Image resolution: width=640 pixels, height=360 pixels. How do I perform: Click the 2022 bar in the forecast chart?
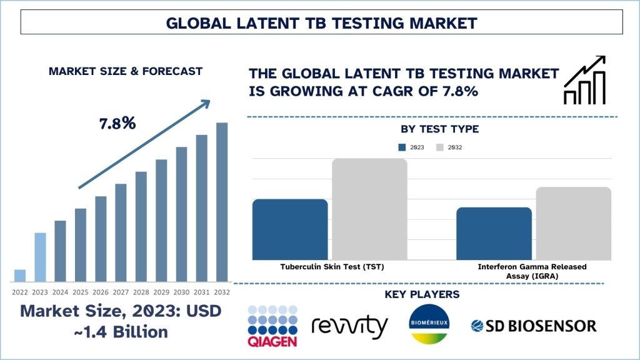pyautogui.click(x=20, y=276)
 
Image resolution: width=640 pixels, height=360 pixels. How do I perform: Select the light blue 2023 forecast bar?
pyautogui.click(x=40, y=257)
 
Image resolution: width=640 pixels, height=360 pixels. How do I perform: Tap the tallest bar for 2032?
pyautogui.click(x=222, y=202)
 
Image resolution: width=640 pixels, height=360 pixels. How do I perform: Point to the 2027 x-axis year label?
pyautogui.click(x=121, y=292)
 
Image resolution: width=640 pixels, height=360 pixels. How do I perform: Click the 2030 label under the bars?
pyautogui.click(x=181, y=292)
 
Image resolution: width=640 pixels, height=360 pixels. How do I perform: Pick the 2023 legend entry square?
pyautogui.click(x=402, y=147)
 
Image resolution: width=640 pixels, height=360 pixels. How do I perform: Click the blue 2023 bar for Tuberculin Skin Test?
pyautogui.click(x=290, y=229)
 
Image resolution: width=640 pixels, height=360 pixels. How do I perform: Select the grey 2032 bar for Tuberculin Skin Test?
pyautogui.click(x=369, y=209)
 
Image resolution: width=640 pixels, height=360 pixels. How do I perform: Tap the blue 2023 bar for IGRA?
pyautogui.click(x=494, y=234)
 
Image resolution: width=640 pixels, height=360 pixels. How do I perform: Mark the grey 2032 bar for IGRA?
pyautogui.click(x=574, y=223)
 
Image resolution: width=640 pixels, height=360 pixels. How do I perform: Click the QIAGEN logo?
pyautogui.click(x=272, y=326)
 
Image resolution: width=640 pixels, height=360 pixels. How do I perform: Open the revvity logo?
pyautogui.click(x=349, y=326)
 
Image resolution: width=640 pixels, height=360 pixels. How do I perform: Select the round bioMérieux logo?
pyautogui.click(x=429, y=324)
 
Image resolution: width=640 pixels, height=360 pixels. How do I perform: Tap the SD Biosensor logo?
pyautogui.click(x=534, y=326)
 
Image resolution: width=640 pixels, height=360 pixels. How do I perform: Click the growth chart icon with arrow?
pyautogui.click(x=584, y=80)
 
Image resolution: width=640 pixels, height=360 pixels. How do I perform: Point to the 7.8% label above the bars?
pyautogui.click(x=117, y=123)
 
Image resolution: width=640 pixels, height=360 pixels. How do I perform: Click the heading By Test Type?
pyautogui.click(x=439, y=129)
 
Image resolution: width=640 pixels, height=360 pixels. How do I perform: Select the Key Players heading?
pyautogui.click(x=422, y=294)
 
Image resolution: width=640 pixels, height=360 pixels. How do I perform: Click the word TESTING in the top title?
pyautogui.click(x=367, y=23)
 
